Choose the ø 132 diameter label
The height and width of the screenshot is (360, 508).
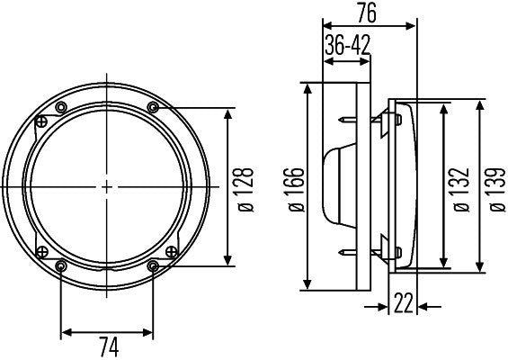pos(461,188)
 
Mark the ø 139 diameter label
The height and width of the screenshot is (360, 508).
pos(493,188)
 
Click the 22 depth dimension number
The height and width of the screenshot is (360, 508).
pos(402,305)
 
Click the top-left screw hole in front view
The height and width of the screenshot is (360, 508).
pos(61,108)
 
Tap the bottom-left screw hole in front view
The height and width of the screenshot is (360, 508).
pos(61,265)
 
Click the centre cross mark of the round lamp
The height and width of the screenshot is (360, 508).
pos(107,187)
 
